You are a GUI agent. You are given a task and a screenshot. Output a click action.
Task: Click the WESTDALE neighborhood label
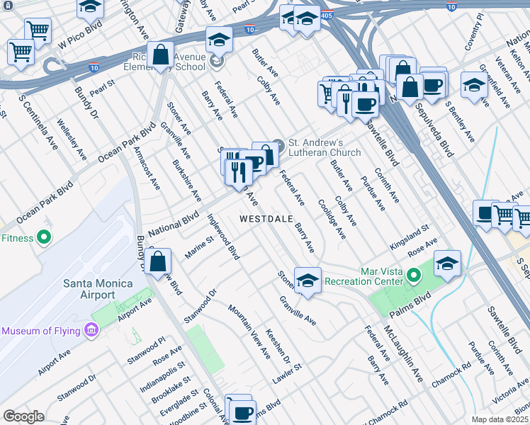(266, 219)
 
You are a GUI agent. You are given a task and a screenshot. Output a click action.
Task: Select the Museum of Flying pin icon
(90, 330)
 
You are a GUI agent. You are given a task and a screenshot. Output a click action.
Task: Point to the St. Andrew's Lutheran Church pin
(277, 147)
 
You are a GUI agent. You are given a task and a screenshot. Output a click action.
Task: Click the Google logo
(23, 416)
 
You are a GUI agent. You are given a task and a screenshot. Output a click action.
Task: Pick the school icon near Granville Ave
(308, 280)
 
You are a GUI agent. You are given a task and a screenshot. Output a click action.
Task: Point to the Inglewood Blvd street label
(223, 238)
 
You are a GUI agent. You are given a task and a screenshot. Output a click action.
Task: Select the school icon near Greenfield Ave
(474, 84)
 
